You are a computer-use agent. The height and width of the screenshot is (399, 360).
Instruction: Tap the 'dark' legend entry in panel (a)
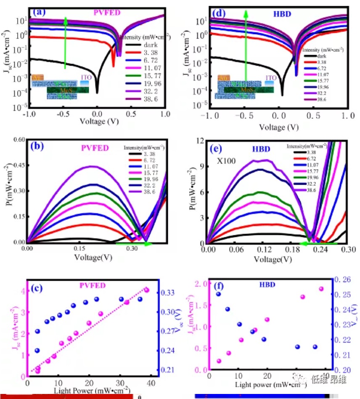coord(150,45)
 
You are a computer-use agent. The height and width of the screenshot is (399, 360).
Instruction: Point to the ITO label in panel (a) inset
coord(85,78)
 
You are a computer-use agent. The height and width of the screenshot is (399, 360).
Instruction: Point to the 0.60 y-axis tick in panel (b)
coord(17,141)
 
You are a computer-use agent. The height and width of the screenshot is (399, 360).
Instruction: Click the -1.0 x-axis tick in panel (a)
coord(29,114)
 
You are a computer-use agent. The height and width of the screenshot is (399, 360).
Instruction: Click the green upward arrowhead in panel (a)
coord(66,19)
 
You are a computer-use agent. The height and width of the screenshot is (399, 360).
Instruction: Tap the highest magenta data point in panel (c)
coord(146,290)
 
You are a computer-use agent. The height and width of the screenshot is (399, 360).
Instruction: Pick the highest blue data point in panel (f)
coord(218,294)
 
